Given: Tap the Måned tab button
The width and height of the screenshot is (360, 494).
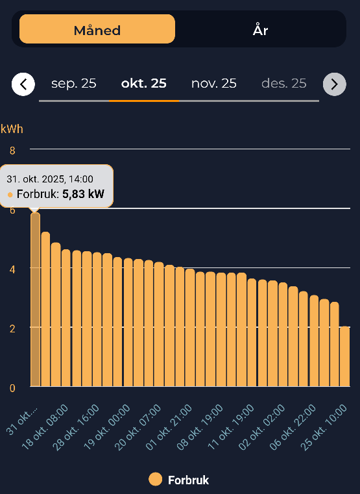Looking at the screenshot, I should pyautogui.click(x=97, y=29).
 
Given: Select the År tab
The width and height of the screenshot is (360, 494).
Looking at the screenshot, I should pyautogui.click(x=260, y=29).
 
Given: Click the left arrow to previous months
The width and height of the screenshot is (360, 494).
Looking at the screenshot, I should pyautogui.click(x=23, y=84).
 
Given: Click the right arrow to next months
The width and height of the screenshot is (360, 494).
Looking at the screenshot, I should pyautogui.click(x=334, y=84).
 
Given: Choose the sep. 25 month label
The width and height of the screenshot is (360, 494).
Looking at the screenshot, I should pyautogui.click(x=73, y=83).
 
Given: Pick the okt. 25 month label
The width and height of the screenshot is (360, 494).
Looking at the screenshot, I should pyautogui.click(x=144, y=83).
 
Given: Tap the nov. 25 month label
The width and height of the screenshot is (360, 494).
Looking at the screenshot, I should pyautogui.click(x=213, y=83).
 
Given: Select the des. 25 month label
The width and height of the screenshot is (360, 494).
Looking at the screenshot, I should pyautogui.click(x=283, y=83).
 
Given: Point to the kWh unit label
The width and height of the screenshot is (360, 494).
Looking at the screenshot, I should pyautogui.click(x=12, y=129).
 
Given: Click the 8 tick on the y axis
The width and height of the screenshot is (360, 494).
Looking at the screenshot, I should pyautogui.click(x=12, y=150).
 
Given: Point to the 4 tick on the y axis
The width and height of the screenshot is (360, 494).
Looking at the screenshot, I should pyautogui.click(x=12, y=268).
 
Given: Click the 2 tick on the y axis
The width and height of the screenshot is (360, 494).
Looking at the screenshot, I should pyautogui.click(x=12, y=328).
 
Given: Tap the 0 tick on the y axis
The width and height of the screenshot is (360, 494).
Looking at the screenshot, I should pyautogui.click(x=12, y=388).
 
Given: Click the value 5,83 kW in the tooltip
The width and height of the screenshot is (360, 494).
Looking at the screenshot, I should pyautogui.click(x=83, y=193).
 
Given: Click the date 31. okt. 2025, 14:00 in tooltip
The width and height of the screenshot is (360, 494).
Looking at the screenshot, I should pyautogui.click(x=50, y=179).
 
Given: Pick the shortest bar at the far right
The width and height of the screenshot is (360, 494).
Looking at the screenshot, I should pyautogui.click(x=344, y=356).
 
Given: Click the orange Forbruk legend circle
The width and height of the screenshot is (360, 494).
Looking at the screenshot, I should pyautogui.click(x=155, y=480).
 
